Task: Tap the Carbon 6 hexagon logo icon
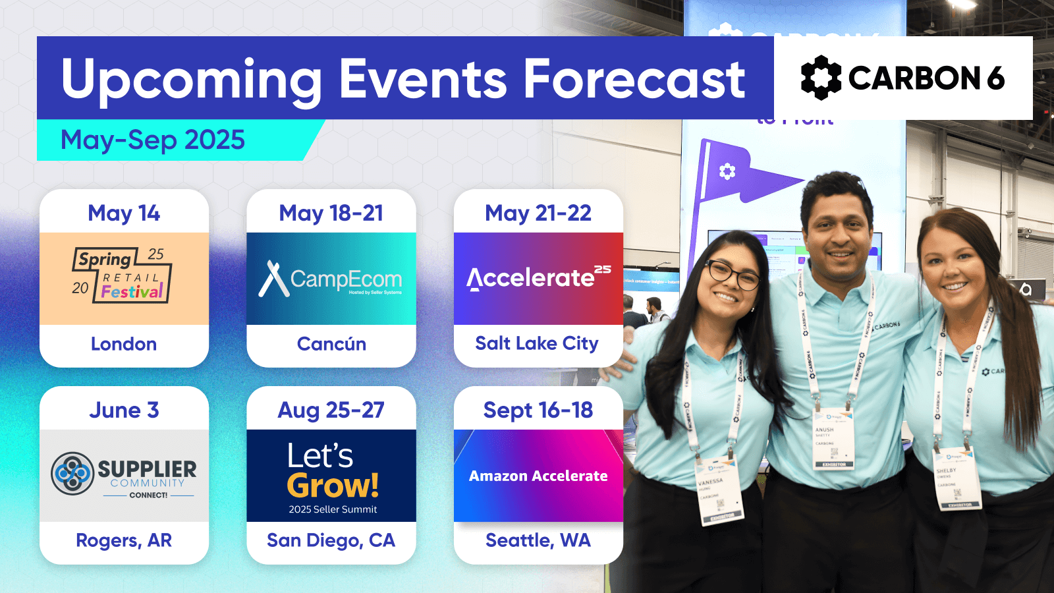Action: coord(821,78)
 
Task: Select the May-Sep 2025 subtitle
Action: coord(153,140)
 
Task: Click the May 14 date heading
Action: coord(124,213)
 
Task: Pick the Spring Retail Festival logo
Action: coord(122,276)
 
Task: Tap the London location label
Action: coord(124,344)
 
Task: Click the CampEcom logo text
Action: coord(345,279)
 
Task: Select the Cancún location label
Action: coord(331,344)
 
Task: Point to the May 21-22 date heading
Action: coord(538,213)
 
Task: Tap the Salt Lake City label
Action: coord(537,343)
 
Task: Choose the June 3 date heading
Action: coord(124,410)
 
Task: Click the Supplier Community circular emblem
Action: coord(72,473)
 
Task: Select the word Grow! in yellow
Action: coord(333,486)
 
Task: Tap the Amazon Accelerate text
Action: coord(538,476)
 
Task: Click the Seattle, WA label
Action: coord(538,540)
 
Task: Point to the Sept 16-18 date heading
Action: coord(538,410)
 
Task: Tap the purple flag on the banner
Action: coord(751,173)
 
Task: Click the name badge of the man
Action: coord(833,438)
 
